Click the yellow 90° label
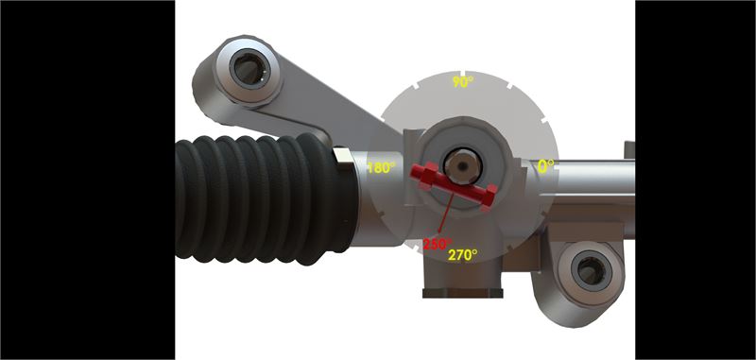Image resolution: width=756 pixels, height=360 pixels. coord(462,82)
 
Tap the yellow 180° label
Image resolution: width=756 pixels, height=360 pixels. coord(382,167)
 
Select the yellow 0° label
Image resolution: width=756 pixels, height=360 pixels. coord(545,166)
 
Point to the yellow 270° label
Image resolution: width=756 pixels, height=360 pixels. coord(462,254)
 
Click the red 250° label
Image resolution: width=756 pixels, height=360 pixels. coord(438,244)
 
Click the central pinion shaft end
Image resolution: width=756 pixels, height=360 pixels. coord(462,165)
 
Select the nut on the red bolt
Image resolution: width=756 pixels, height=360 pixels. coord(427,176)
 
